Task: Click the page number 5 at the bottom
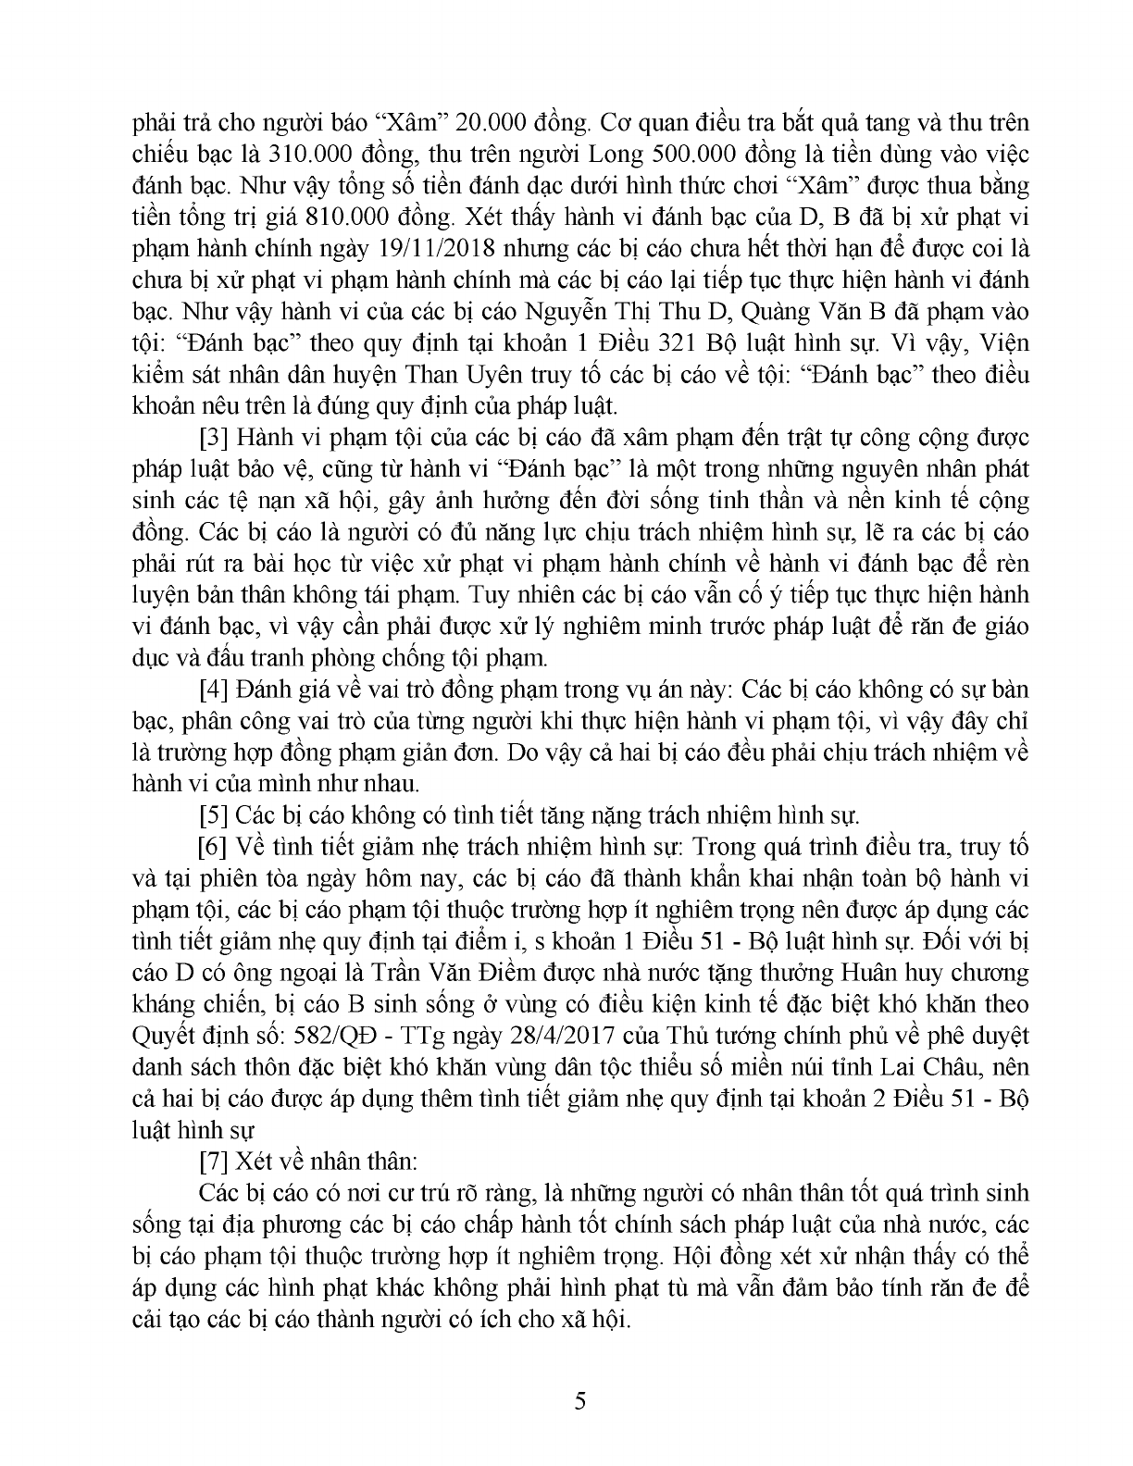(580, 1400)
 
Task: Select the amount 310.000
(288, 154)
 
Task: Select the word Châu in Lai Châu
(944, 1066)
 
